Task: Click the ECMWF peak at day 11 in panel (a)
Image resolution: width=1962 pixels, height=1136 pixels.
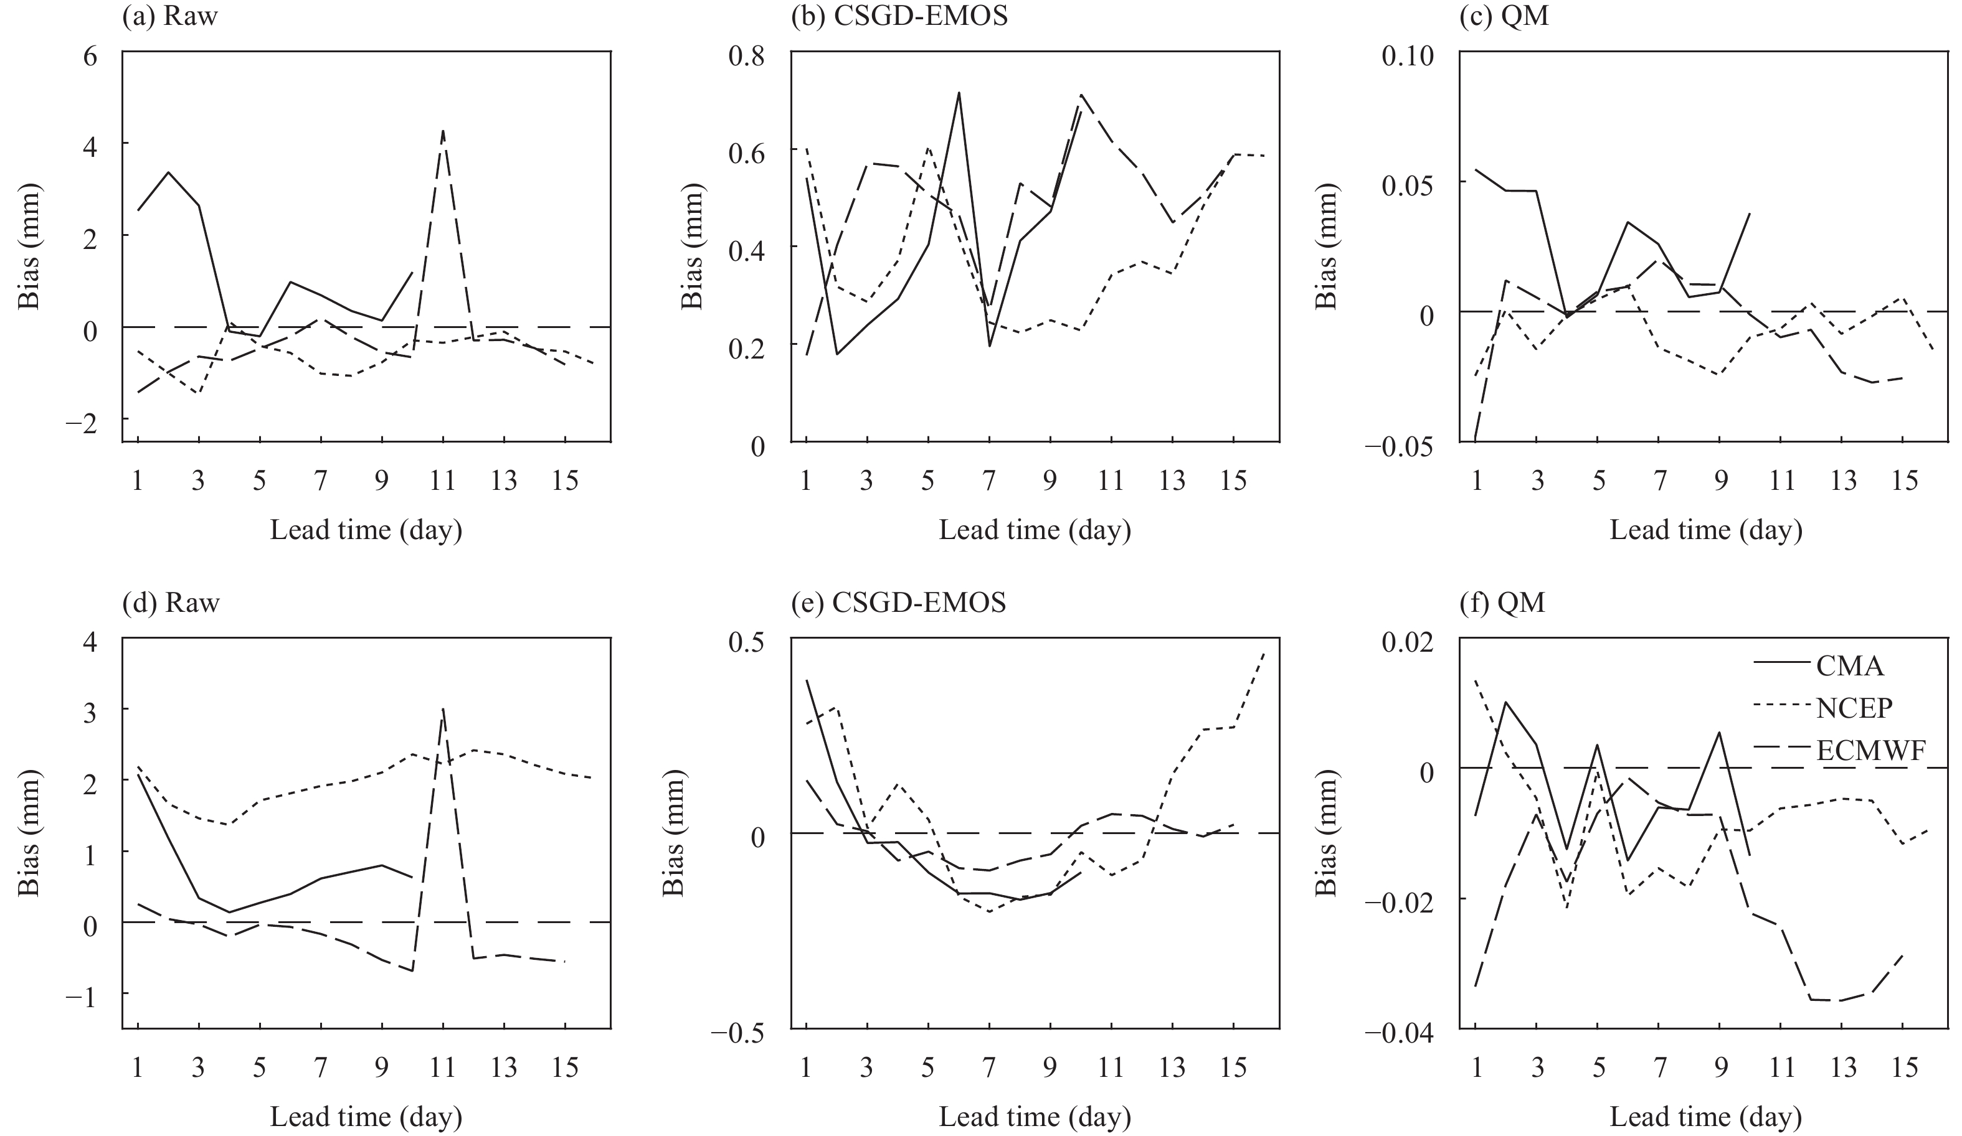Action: click(x=443, y=131)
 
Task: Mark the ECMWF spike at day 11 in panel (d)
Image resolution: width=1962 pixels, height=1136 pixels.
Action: click(x=443, y=709)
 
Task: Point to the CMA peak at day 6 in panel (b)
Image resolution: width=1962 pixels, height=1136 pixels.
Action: click(x=959, y=93)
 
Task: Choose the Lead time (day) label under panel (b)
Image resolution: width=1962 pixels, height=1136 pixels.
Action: click(x=1035, y=530)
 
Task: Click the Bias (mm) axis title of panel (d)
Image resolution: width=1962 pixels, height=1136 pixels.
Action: click(x=30, y=833)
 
